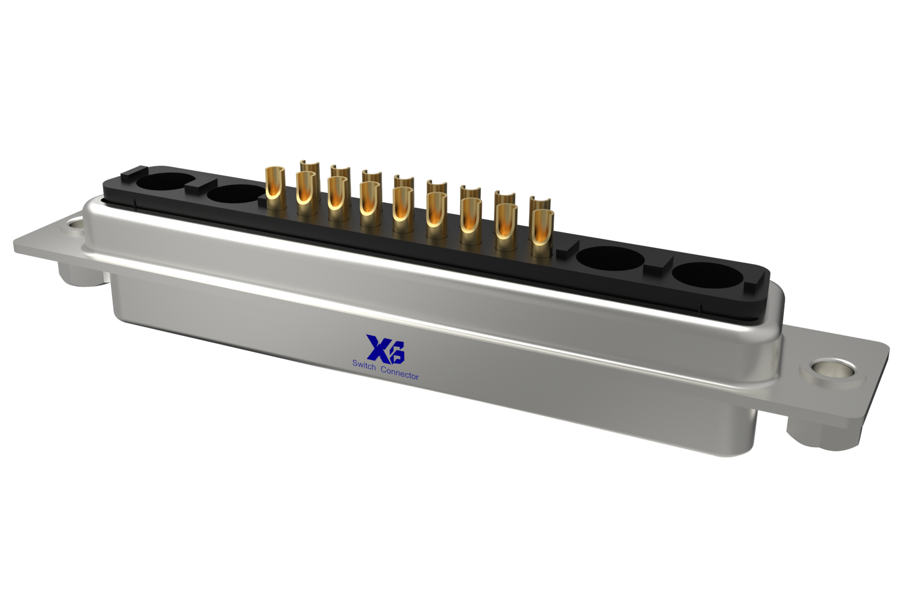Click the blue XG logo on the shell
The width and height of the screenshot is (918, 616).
coord(385,348)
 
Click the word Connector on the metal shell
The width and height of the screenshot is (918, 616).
coord(399,373)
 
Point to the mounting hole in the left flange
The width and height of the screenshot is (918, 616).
coord(75,224)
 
